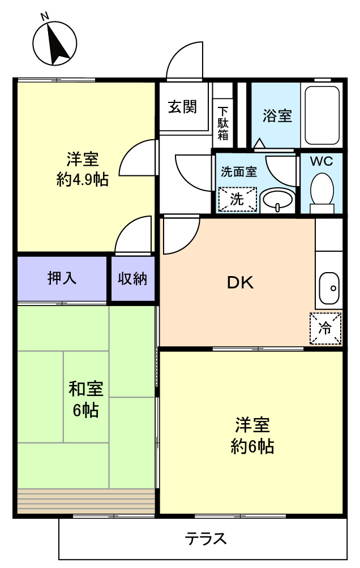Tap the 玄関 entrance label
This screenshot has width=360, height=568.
pyautogui.click(x=182, y=107)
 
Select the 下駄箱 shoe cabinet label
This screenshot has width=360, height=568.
pyautogui.click(x=223, y=123)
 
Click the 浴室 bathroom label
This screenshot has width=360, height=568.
pyautogui.click(x=277, y=115)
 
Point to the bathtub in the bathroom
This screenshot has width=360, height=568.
pyautogui.click(x=322, y=115)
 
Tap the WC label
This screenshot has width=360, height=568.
pyautogui.click(x=321, y=161)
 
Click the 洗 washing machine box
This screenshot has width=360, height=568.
pyautogui.click(x=238, y=199)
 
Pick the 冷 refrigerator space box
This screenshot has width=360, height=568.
pyautogui.click(x=325, y=328)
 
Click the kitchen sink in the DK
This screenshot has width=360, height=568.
pyautogui.click(x=329, y=288)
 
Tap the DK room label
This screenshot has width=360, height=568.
pyautogui.click(x=241, y=283)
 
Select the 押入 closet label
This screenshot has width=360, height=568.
pyautogui.click(x=62, y=278)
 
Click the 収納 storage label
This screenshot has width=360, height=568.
pyautogui.click(x=132, y=278)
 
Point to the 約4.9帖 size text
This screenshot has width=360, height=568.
pyautogui.click(x=82, y=179)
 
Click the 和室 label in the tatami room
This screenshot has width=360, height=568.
pyautogui.click(x=86, y=389)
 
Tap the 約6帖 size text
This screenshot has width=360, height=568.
pyautogui.click(x=252, y=446)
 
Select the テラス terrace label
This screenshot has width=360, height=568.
pyautogui.click(x=205, y=539)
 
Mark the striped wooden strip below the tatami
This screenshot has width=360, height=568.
pyautogui.click(x=86, y=501)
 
